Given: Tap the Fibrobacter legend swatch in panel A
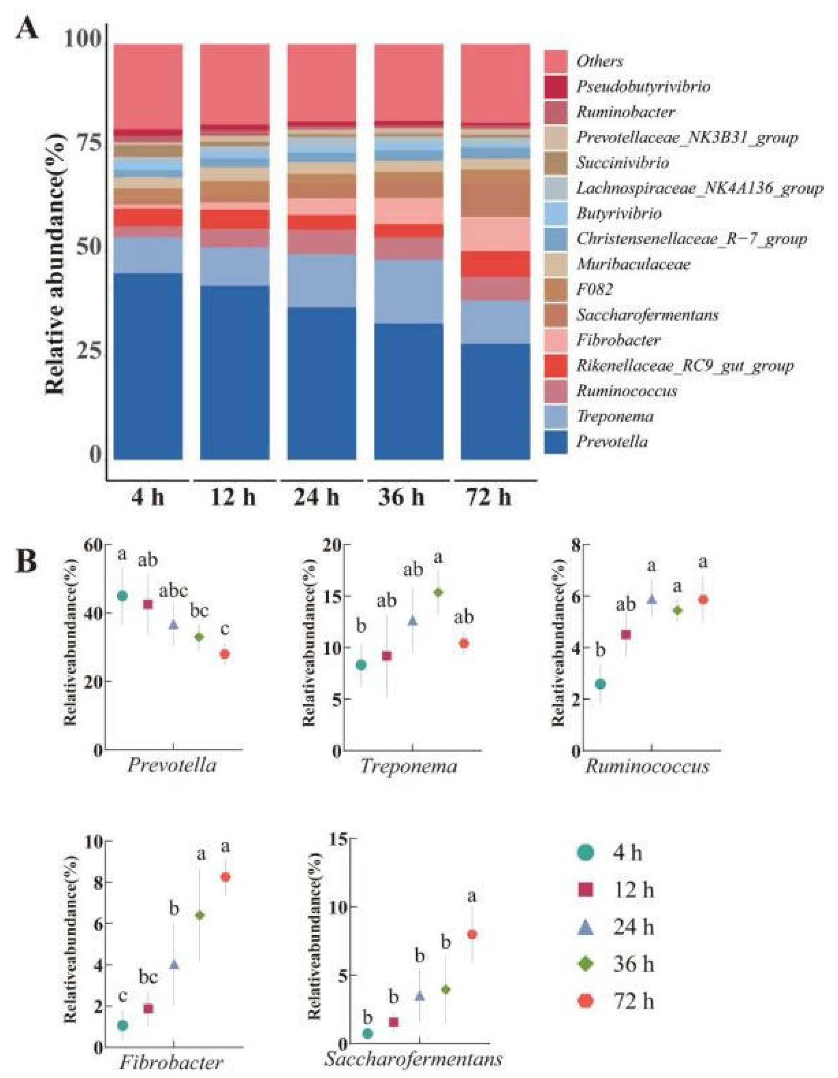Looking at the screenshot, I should click(556, 340).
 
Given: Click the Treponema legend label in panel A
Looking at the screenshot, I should click(615, 417).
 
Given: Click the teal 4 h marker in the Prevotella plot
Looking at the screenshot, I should click(122, 596).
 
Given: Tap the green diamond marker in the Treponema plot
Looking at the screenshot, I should click(438, 592).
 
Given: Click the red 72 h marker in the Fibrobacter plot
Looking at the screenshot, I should click(226, 877).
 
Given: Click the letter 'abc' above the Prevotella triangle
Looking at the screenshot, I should click(173, 591).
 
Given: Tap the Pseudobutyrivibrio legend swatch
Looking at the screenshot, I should click(556, 87).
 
